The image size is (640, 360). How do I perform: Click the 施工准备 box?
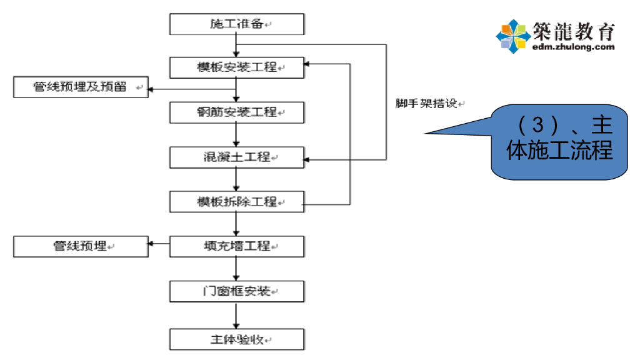click(237, 24)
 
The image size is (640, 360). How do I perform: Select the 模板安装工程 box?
click(237, 67)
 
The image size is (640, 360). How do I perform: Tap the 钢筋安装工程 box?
click(237, 112)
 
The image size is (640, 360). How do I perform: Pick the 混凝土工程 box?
click(237, 157)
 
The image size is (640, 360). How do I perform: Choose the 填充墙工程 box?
click(237, 247)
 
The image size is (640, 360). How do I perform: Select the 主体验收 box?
click(237, 340)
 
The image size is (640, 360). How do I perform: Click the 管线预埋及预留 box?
click(81, 87)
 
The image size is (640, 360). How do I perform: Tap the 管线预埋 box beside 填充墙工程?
click(81, 247)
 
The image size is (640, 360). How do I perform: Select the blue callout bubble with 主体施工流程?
click(559, 141)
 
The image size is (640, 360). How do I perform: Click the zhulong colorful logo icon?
click(512, 36)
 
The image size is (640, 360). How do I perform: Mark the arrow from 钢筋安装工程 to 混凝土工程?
click(236, 135)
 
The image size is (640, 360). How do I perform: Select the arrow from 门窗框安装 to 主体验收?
click(236, 316)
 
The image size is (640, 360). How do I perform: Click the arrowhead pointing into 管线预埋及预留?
click(152, 88)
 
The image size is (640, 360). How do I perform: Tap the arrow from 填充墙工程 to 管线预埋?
click(159, 244)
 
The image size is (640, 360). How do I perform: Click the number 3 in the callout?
click(537, 124)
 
